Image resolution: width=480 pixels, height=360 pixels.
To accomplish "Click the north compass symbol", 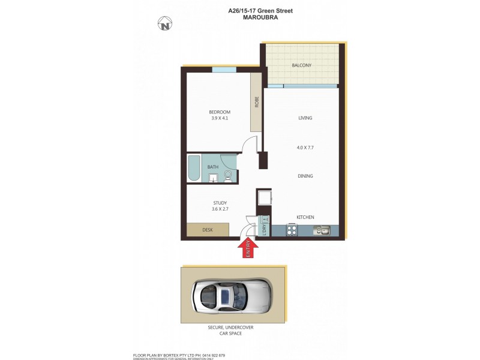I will pyautogui.click(x=165, y=24).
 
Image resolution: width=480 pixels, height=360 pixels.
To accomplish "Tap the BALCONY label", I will pyautogui.click(x=302, y=65).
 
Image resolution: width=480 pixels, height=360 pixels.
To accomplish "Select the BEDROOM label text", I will pyautogui.click(x=220, y=112).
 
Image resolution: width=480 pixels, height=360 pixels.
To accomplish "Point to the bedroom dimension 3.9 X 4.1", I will pyautogui.click(x=220, y=118).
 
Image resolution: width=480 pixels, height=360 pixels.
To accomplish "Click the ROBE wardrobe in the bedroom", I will pyautogui.click(x=256, y=102).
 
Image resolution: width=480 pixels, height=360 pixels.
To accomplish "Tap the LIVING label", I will pyautogui.click(x=305, y=118).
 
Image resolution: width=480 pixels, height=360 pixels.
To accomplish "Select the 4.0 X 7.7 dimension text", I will pyautogui.click(x=305, y=147).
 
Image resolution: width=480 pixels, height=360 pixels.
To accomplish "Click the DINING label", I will pyautogui.click(x=305, y=176).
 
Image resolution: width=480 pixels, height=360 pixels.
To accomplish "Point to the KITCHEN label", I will pyautogui.click(x=305, y=217).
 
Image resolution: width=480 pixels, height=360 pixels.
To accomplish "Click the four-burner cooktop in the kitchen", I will pyautogui.click(x=292, y=230).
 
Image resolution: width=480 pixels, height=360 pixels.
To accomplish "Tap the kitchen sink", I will pyautogui.click(x=323, y=230).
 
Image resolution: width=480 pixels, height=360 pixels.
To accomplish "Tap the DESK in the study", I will pyautogui.click(x=208, y=230).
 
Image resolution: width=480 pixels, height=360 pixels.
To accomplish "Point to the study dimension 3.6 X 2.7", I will pyautogui.click(x=220, y=209).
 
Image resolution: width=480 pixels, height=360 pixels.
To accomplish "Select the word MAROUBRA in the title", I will pyautogui.click(x=260, y=17).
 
